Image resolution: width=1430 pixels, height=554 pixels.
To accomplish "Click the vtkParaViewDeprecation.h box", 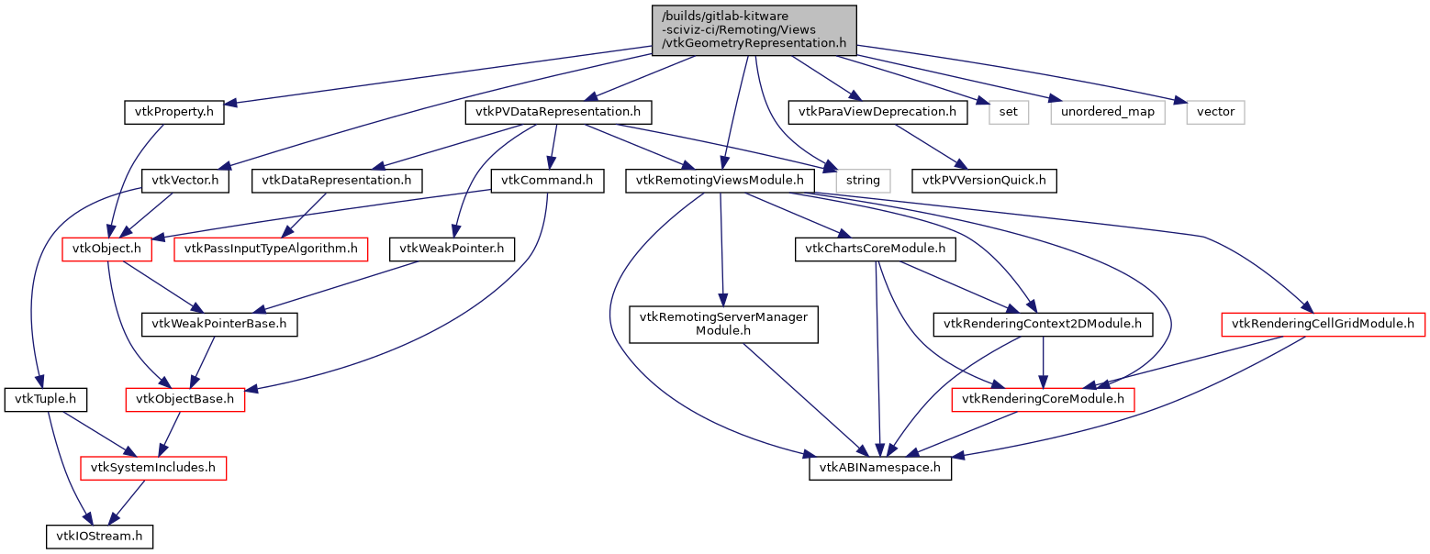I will pyautogui.click(x=877, y=113).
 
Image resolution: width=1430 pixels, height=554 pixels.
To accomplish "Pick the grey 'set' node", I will pyautogui.click(x=1009, y=113).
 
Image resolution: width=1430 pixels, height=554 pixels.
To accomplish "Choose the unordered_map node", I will pyautogui.click(x=1107, y=113).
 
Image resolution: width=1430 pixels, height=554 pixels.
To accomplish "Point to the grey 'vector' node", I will pyautogui.click(x=1216, y=113).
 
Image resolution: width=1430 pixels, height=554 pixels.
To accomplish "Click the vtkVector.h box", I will pyautogui.click(x=186, y=181).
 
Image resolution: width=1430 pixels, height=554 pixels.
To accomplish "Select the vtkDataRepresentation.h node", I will pyautogui.click(x=337, y=181).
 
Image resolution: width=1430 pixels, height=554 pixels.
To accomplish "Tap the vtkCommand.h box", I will pyautogui.click(x=548, y=181).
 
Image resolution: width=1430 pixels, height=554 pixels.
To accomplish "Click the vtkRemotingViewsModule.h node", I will pyautogui.click(x=721, y=181).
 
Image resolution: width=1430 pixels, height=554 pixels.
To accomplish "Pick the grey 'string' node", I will pyautogui.click(x=863, y=181).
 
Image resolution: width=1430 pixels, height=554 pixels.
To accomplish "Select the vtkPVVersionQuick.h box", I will pyautogui.click(x=984, y=181).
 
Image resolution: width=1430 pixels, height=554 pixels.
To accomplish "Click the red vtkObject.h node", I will pyautogui.click(x=107, y=249).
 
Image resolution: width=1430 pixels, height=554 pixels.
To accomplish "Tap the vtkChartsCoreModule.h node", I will pyautogui.click(x=876, y=249).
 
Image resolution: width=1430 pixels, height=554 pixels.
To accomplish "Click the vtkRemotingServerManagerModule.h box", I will pyautogui.click(x=723, y=324).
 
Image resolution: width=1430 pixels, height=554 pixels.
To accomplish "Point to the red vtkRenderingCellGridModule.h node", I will pyautogui.click(x=1323, y=324).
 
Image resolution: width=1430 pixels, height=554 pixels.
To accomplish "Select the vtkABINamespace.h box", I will pyautogui.click(x=880, y=468).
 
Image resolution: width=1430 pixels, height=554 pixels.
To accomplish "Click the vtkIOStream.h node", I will pyautogui.click(x=99, y=536).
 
